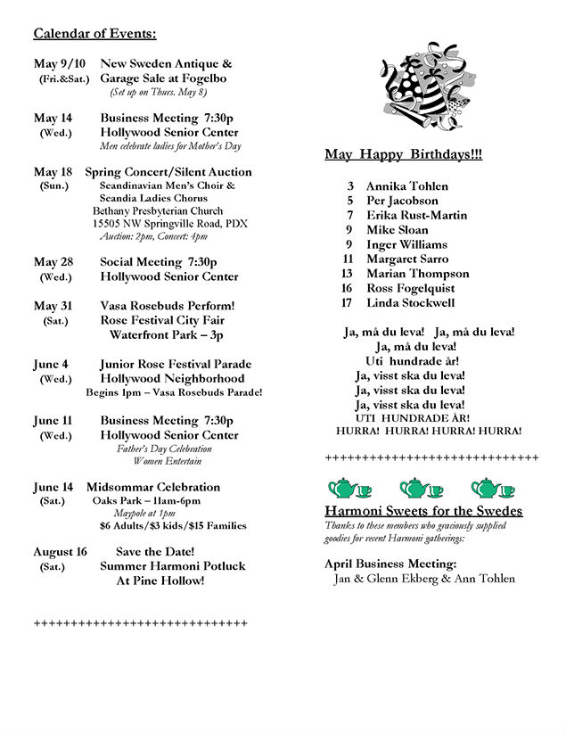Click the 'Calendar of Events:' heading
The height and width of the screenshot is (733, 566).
(94, 34)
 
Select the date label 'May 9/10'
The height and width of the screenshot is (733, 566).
(60, 63)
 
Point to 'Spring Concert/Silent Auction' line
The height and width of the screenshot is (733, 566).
(168, 172)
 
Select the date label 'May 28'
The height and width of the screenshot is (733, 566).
(53, 262)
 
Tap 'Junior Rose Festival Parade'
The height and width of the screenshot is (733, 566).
(176, 364)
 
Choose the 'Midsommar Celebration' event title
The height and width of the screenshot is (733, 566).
(152, 487)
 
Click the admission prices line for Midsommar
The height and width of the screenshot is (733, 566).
(173, 526)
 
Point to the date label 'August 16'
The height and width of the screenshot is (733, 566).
(61, 552)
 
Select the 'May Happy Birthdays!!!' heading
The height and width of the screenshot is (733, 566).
(403, 155)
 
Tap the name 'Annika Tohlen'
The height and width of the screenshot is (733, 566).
(406, 186)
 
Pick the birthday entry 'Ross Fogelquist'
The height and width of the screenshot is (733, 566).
(410, 288)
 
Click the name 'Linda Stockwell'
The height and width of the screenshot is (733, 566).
(410, 303)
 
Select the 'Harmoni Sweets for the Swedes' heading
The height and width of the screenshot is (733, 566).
(423, 511)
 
